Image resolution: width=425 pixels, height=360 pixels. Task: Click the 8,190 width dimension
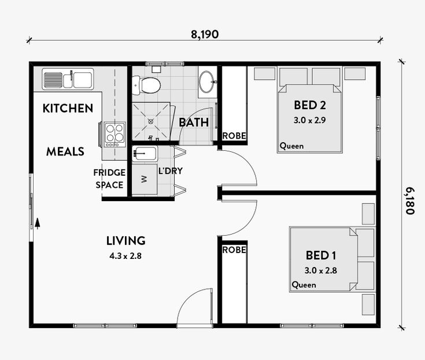205,35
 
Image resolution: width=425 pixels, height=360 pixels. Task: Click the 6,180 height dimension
410,201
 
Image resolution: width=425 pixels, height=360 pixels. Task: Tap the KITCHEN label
68,109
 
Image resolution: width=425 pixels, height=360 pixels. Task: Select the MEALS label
65,151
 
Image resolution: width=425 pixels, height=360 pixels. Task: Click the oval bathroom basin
208,82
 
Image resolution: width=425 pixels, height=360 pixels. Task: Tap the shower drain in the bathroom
151,121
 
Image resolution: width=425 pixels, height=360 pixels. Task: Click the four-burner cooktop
115,135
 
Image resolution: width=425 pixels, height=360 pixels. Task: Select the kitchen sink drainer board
53,80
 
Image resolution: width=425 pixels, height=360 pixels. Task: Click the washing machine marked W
145,179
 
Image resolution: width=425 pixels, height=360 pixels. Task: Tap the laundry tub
145,154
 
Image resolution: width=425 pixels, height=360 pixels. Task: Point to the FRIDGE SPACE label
109,179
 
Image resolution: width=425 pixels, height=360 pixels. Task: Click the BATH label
194,123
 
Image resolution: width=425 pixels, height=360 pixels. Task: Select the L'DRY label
171,171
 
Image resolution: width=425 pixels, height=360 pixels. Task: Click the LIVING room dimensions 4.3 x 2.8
125,256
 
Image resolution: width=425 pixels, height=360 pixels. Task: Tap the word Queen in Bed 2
291,146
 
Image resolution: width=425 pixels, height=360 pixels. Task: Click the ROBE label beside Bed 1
234,250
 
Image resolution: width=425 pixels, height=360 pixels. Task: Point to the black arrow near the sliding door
38,224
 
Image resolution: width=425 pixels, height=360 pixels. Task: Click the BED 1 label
321,255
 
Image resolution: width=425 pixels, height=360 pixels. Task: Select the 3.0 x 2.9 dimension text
310,120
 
